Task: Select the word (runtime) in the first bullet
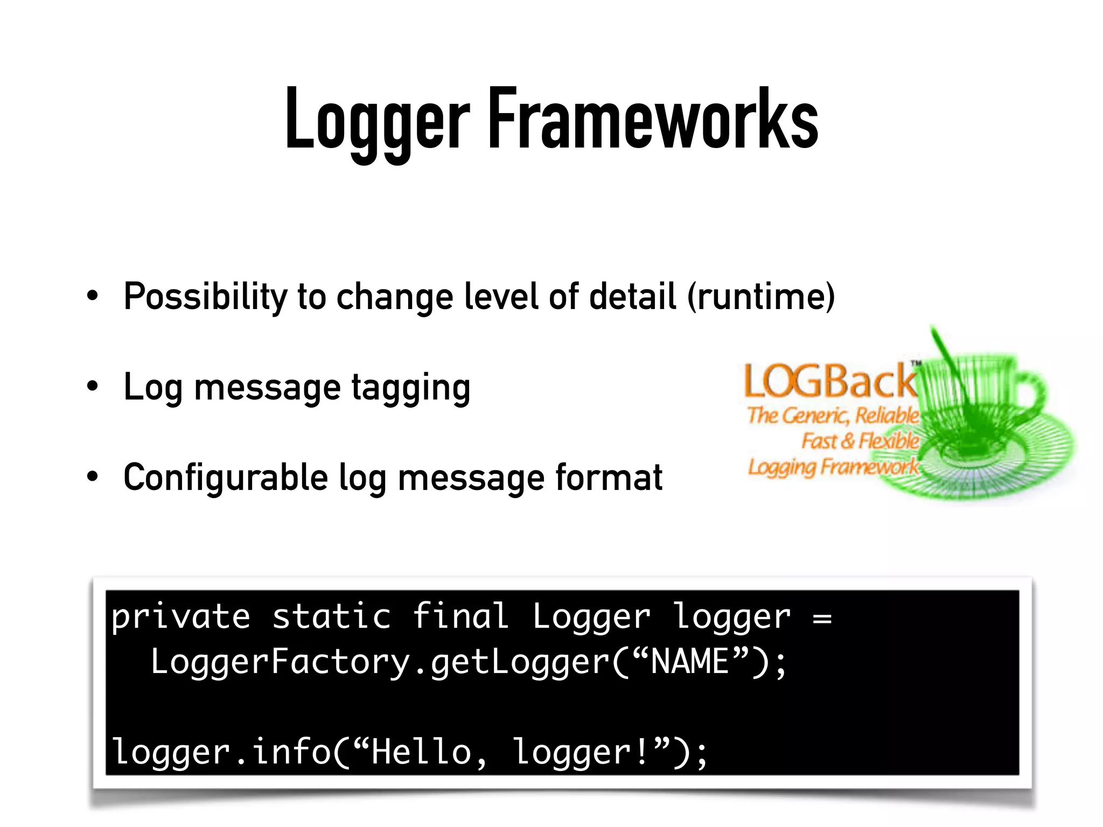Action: (761, 297)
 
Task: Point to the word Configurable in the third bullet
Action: (226, 478)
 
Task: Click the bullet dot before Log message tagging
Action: (93, 386)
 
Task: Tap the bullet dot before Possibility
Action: (93, 296)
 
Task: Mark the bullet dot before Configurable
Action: (93, 476)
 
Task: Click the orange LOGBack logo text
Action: (829, 382)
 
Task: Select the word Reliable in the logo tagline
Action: (886, 416)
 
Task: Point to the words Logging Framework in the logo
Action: (833, 466)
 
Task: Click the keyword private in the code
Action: (181, 618)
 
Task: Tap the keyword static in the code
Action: (331, 616)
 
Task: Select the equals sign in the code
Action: (822, 618)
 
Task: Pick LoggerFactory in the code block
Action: (281, 662)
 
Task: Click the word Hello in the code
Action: (422, 752)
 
